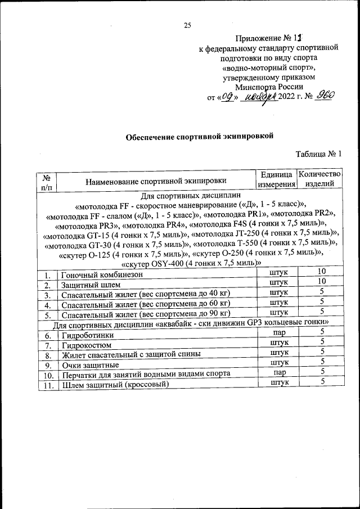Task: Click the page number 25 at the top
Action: [x=188, y=24]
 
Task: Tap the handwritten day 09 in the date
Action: [x=229, y=97]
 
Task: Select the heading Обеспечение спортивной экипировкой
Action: [x=199, y=136]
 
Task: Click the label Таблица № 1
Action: [x=318, y=154]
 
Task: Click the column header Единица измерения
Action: [x=276, y=179]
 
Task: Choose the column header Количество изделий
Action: [x=319, y=179]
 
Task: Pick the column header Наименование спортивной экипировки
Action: [x=156, y=181]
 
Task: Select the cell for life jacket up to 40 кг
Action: [x=146, y=294]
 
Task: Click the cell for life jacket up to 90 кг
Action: [x=146, y=313]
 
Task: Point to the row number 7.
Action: [x=48, y=345]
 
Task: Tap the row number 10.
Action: [x=48, y=375]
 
